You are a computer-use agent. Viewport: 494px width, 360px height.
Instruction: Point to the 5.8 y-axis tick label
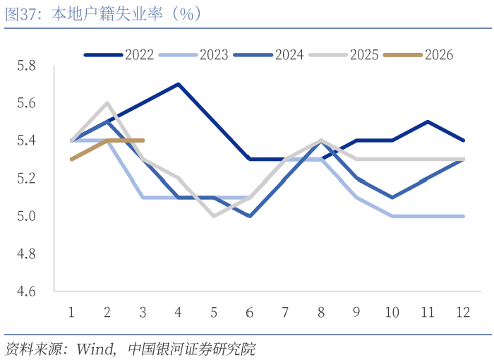pos(26,66)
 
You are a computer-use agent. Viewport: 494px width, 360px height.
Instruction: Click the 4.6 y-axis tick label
pos(26,291)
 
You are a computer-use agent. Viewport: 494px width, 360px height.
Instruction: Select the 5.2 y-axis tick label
pos(26,178)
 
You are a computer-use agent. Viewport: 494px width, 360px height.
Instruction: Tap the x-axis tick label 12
pos(464,312)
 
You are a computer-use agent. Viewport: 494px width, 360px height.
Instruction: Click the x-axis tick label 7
pos(285,312)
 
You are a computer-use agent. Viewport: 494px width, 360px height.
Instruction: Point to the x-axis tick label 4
pos(178,312)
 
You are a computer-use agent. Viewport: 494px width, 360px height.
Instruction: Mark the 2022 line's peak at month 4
pos(179,84)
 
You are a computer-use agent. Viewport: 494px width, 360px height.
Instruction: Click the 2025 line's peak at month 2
pos(107,103)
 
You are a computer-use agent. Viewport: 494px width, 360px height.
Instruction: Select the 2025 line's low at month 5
pos(214,216)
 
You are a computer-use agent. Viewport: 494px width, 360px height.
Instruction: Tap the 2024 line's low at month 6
pos(250,216)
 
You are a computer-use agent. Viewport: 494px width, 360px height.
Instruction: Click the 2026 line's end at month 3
pos(143,140)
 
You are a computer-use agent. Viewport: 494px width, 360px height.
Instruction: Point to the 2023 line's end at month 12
pos(464,216)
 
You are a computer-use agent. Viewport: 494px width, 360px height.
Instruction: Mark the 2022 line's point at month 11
pos(428,121)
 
